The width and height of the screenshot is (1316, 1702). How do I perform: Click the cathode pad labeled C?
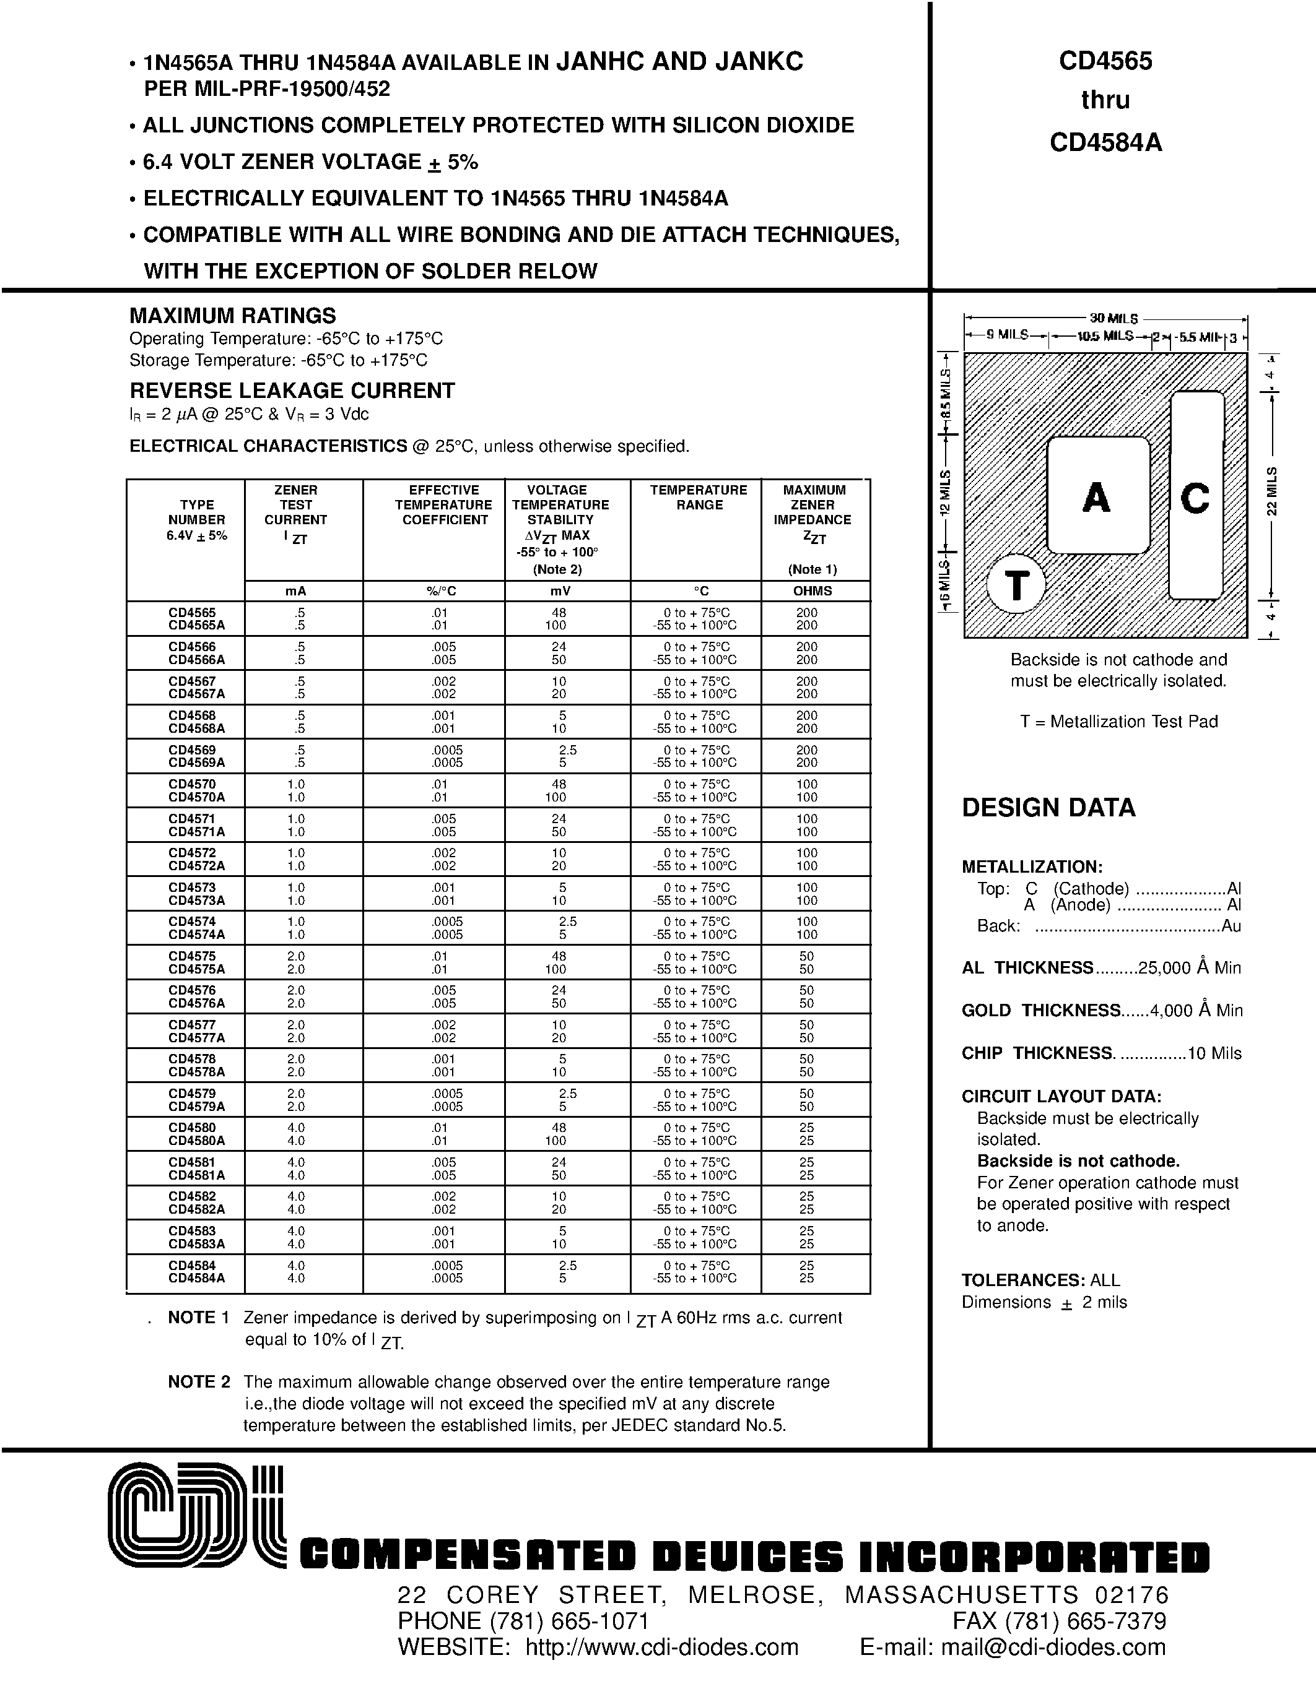pos(1195,497)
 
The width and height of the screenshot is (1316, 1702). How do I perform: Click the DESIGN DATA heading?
pos(1048,807)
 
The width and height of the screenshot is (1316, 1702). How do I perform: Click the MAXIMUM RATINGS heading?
pos(232,316)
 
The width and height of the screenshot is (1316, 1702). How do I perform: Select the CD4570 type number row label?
pos(192,784)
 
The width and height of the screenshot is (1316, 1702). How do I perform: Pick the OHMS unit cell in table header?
pos(813,590)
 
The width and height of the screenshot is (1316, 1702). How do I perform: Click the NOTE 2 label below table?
pos(199,1381)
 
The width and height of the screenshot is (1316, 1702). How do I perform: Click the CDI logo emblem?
pos(196,1515)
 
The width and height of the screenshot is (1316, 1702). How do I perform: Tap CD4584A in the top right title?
pos(1105,142)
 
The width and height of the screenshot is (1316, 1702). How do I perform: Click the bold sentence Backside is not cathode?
pos(1078,1161)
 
